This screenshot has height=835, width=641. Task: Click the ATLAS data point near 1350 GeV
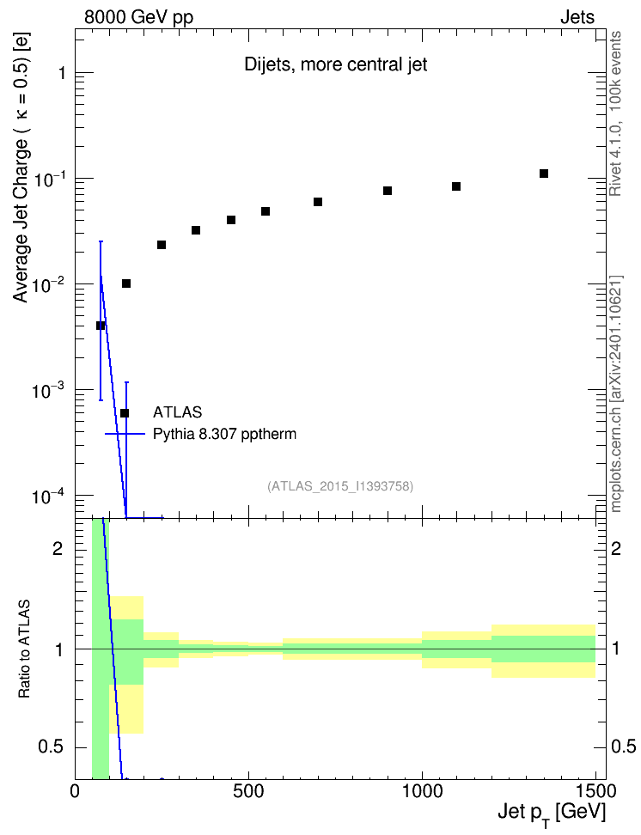click(x=544, y=174)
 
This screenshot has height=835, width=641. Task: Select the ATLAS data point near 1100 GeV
click(x=456, y=186)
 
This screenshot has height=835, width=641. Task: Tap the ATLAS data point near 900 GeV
click(x=388, y=191)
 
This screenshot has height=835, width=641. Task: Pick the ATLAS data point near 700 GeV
click(x=318, y=202)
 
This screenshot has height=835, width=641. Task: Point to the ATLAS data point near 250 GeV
click(x=162, y=245)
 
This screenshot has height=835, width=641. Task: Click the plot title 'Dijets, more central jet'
click(x=336, y=64)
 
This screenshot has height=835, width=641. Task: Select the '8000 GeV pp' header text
click(x=138, y=17)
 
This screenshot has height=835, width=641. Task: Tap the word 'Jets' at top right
click(x=577, y=17)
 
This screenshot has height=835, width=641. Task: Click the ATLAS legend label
click(x=177, y=412)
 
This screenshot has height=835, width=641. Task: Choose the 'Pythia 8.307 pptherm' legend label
click(x=224, y=434)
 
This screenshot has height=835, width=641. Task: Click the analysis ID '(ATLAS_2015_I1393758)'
click(x=340, y=486)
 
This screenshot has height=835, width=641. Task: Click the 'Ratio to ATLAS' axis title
click(x=24, y=649)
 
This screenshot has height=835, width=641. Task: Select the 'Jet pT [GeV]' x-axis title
click(x=552, y=814)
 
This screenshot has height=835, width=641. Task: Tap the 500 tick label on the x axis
click(x=248, y=791)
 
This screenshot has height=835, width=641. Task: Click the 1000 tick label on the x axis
click(x=422, y=791)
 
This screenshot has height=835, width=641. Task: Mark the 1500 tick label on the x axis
click(x=595, y=791)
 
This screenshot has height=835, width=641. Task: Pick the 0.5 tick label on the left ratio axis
click(x=51, y=747)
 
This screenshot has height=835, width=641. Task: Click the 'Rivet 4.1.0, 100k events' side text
click(x=615, y=113)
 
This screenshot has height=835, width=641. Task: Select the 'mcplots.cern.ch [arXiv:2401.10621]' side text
click(x=615, y=394)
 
